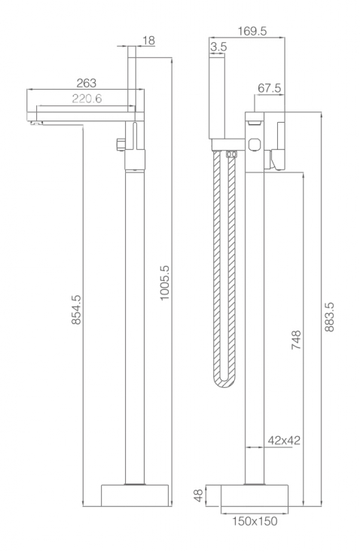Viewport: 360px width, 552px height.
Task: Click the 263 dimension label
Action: pos(86,83)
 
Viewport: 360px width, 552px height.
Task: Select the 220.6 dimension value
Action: pos(87,99)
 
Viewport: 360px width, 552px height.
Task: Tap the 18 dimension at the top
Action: pos(148,41)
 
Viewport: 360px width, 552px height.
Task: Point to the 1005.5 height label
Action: pos(164,282)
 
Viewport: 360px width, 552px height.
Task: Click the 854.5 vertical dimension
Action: pos(76,310)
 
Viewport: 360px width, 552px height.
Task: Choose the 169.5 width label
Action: pos(252,31)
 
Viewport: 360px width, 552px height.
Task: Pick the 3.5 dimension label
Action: pos(218,47)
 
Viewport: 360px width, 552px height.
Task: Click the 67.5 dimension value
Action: pos(269,88)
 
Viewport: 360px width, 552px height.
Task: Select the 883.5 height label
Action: pos(329,317)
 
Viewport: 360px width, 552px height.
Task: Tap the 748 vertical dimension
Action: pos(296,340)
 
